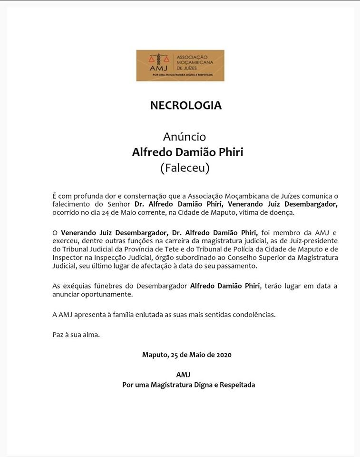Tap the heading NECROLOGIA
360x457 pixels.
click(186, 105)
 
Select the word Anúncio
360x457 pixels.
click(185, 137)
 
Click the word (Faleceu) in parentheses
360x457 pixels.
click(185, 168)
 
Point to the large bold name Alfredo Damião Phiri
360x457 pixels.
click(187, 152)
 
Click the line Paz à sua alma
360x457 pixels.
click(76, 335)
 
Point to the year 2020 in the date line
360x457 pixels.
click(223, 355)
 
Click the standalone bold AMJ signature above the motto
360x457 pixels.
click(183, 375)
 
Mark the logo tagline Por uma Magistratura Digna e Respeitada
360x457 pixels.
click(182, 75)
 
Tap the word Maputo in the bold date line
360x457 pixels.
click(155, 355)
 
